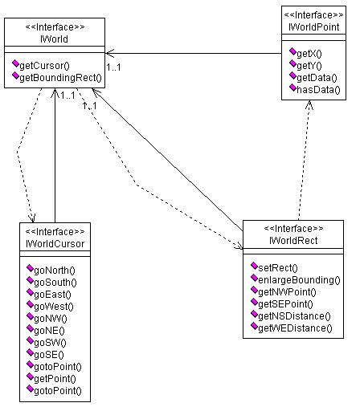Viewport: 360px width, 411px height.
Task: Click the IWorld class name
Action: pos(54,39)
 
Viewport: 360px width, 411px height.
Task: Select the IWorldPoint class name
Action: pos(313,27)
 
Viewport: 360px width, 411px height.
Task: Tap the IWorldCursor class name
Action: pos(55,244)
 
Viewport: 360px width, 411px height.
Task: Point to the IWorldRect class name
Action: pos(293,241)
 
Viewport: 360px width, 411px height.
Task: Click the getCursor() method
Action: pos(45,66)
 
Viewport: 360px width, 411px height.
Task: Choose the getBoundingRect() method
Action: pos(61,78)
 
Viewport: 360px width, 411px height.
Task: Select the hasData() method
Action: pos(318,90)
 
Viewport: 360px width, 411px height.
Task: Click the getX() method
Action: pos(309,54)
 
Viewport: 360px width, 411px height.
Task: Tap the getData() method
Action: pos(317,78)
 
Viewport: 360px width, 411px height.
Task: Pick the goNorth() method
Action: pos(55,271)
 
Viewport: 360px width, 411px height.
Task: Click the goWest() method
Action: pos(54,307)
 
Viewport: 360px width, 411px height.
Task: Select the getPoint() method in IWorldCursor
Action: pos(55,379)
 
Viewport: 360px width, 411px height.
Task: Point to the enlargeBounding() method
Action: pos(299,280)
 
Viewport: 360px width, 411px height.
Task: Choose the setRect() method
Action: pos(278,267)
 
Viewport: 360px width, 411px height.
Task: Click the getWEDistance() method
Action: pos(295,328)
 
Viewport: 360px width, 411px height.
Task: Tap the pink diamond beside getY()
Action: pos(292,63)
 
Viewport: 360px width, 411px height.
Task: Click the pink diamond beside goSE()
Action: pos(30,352)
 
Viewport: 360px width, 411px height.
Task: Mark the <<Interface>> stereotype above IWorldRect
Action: pos(293,229)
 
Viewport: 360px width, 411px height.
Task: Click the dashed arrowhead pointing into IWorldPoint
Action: pos(309,105)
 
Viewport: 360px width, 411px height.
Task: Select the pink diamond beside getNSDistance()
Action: pos(254,314)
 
